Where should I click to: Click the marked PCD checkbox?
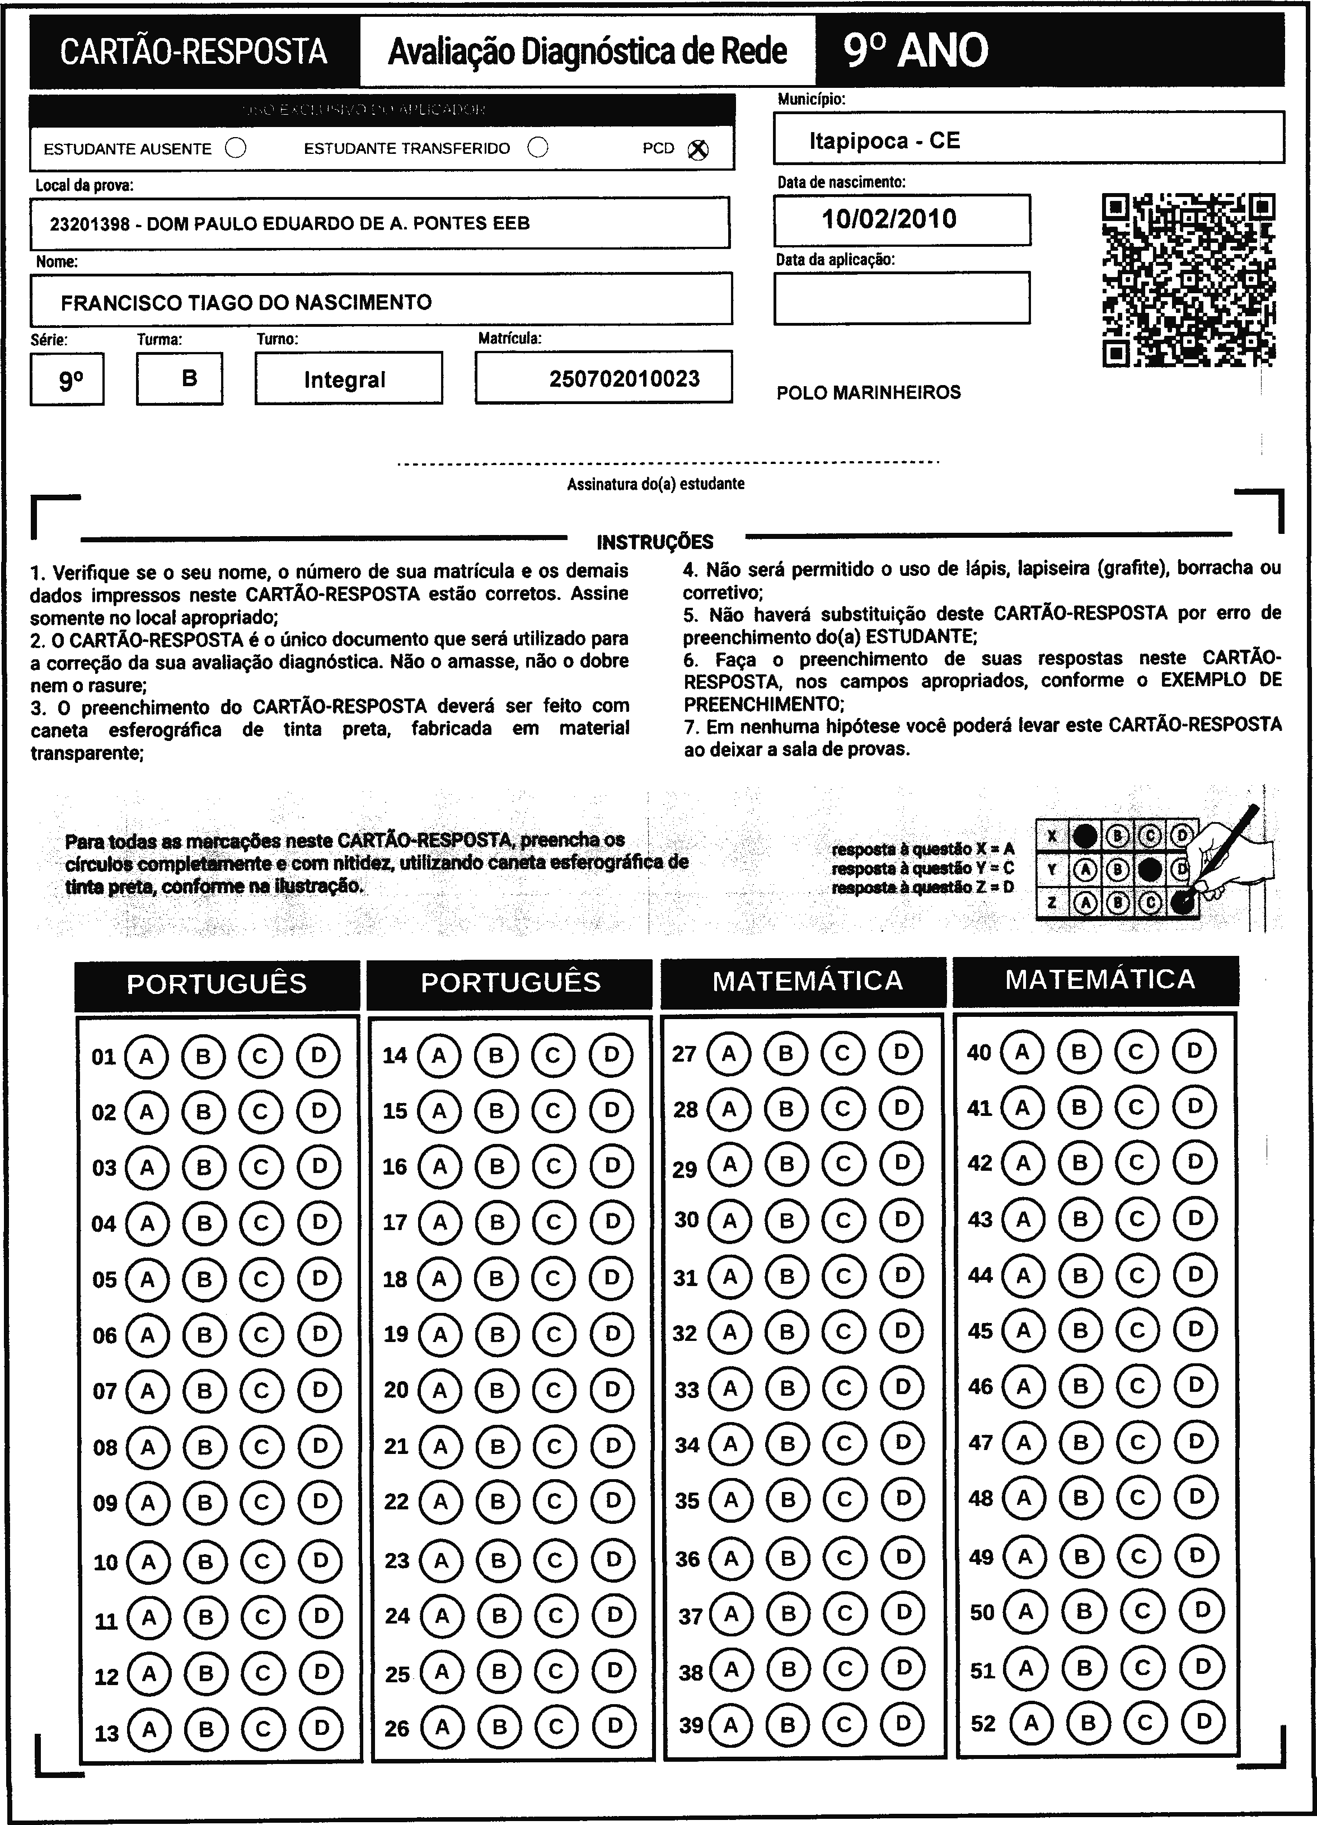tap(699, 149)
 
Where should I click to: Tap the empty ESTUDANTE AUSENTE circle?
tap(236, 149)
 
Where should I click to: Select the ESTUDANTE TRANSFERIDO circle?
tap(538, 148)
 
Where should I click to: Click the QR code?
tap(1188, 280)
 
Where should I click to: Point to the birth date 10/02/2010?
tap(889, 219)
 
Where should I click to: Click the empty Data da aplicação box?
tap(902, 298)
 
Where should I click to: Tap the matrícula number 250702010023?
tap(624, 379)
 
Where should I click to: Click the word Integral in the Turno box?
tap(345, 380)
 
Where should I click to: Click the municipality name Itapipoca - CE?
tap(884, 141)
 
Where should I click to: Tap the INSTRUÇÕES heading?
tap(654, 542)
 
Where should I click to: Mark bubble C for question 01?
tap(260, 1055)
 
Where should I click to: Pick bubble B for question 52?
tap(1088, 1723)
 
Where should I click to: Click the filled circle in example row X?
tap(1085, 837)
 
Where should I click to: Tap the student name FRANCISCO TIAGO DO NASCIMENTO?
tap(246, 303)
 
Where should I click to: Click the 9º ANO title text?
tap(915, 51)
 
